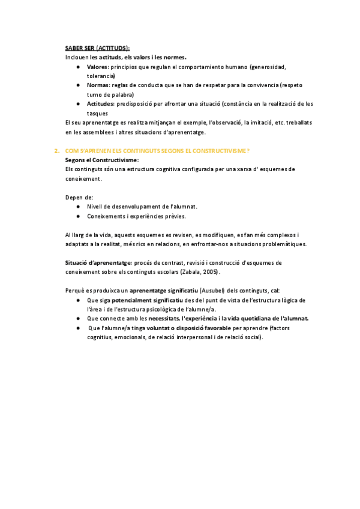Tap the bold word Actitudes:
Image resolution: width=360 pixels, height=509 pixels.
(x=101, y=104)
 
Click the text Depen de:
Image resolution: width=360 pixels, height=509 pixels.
(x=79, y=197)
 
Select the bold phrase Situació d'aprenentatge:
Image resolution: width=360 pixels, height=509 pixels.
(x=98, y=262)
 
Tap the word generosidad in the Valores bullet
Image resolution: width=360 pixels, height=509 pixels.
(x=269, y=67)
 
